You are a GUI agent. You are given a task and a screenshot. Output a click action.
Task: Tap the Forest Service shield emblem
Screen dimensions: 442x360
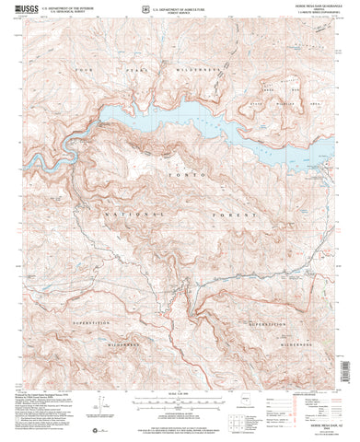coord(147,11)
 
